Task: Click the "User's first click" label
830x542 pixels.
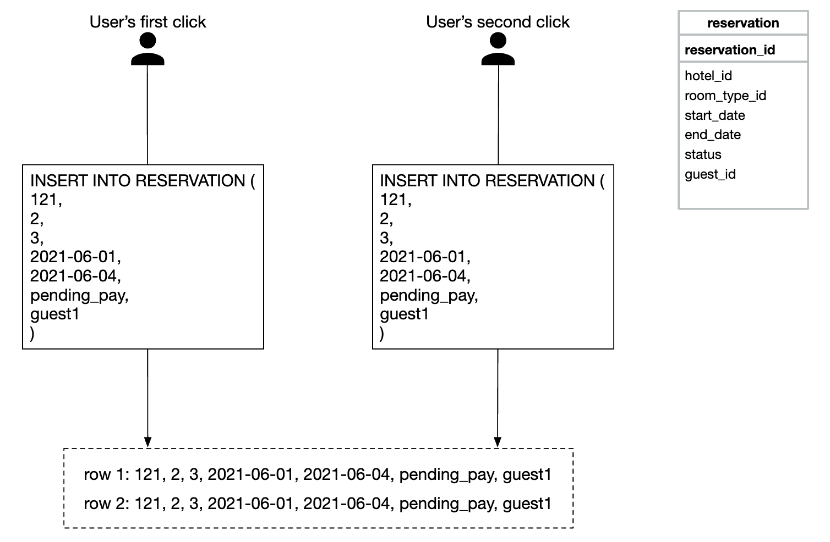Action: tap(148, 22)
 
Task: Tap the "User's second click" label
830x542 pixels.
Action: tap(498, 22)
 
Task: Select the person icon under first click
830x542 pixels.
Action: tap(148, 49)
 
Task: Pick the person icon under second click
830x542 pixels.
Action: tap(498, 49)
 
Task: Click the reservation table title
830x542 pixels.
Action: tap(742, 23)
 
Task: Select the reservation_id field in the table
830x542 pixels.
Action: tap(729, 50)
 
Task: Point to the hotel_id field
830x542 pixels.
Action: tap(708, 76)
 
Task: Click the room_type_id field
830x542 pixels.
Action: tap(725, 96)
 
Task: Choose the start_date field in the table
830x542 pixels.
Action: tap(714, 115)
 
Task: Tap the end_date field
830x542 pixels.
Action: tap(712, 135)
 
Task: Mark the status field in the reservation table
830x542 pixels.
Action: tap(703, 154)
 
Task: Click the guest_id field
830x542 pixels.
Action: tap(710, 174)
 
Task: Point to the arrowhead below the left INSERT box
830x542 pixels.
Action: tap(148, 442)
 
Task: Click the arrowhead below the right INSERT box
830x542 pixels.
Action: tap(498, 442)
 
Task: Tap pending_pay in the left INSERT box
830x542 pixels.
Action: tap(79, 295)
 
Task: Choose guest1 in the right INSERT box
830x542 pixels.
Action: tap(404, 314)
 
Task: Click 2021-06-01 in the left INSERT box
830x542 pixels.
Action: tap(75, 257)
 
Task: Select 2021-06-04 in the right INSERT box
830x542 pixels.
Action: tap(425, 275)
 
